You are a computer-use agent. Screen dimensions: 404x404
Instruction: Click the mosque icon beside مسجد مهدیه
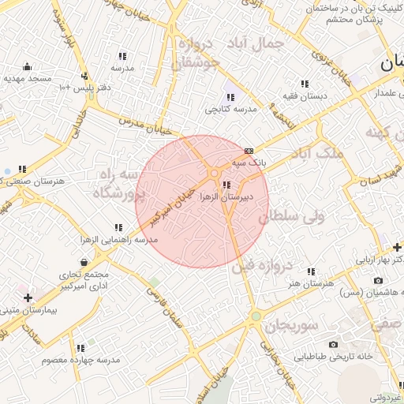28,65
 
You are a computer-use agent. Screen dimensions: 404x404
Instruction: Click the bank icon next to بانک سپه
249,150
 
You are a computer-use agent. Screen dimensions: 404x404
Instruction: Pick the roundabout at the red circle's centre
214,174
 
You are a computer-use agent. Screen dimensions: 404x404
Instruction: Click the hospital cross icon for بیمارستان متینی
28,297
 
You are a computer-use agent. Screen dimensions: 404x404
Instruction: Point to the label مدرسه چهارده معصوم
81,360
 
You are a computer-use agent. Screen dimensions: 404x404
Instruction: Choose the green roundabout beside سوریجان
255,317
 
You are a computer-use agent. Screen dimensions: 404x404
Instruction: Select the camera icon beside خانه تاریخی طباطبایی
332,344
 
